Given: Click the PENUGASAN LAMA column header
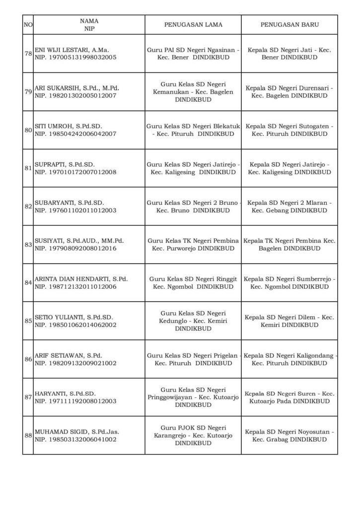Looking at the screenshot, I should point(193,24).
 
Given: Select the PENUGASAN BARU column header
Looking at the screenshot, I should point(290,24).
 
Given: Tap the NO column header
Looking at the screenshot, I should point(28,24).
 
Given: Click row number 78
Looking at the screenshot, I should point(28,54).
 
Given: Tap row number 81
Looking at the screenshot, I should point(28,168).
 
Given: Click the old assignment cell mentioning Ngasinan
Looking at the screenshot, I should point(193,54).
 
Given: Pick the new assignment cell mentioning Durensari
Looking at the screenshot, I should point(290,92).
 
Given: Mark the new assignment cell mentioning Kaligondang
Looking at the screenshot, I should point(290,359).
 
